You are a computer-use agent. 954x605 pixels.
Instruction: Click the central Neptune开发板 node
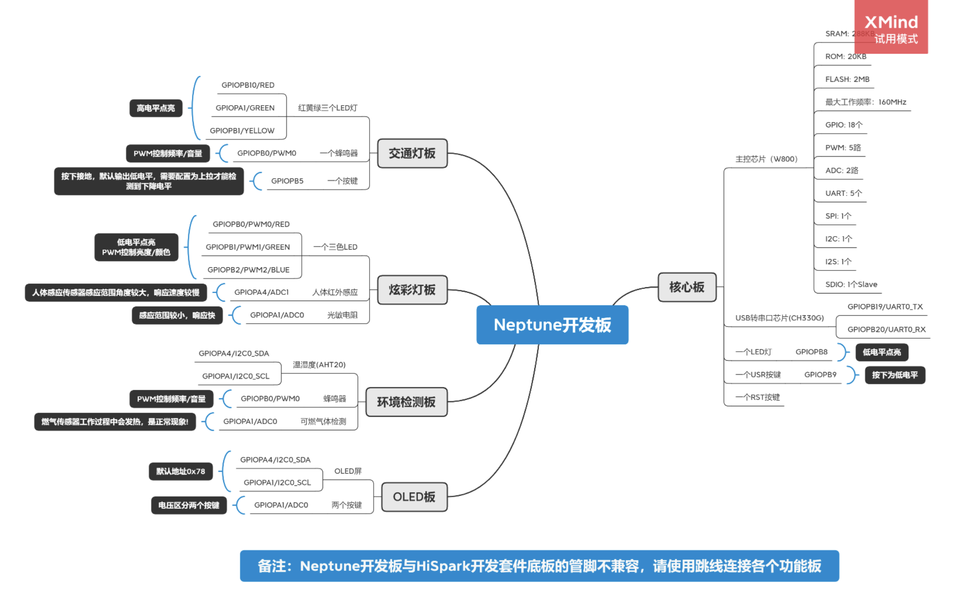552,325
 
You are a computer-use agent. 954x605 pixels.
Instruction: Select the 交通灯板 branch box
412,154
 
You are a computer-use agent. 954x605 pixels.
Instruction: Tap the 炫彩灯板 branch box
412,290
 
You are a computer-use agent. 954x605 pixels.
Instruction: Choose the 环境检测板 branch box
406,402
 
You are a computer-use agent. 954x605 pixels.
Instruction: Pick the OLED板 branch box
414,497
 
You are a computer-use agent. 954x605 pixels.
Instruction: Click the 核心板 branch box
687,287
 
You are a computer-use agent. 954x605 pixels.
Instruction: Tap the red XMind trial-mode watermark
891,27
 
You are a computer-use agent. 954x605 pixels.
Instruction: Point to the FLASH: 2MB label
847,79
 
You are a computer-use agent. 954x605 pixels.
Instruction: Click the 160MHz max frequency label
865,102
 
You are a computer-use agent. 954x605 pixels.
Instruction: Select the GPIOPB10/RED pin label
248,85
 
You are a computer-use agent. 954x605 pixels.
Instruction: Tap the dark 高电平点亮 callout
156,108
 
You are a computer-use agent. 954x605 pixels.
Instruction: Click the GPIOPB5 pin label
287,181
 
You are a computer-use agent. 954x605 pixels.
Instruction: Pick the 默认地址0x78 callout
181,471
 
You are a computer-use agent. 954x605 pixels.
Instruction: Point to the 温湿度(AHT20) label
319,365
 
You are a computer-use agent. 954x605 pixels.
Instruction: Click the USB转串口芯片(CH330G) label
779,318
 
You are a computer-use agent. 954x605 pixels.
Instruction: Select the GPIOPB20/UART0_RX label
886,330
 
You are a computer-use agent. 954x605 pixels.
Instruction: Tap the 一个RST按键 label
758,397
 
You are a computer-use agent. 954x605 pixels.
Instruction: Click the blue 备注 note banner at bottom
539,566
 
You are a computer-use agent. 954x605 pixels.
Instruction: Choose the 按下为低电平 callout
894,375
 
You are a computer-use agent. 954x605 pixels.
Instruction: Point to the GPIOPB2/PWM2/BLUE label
248,270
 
